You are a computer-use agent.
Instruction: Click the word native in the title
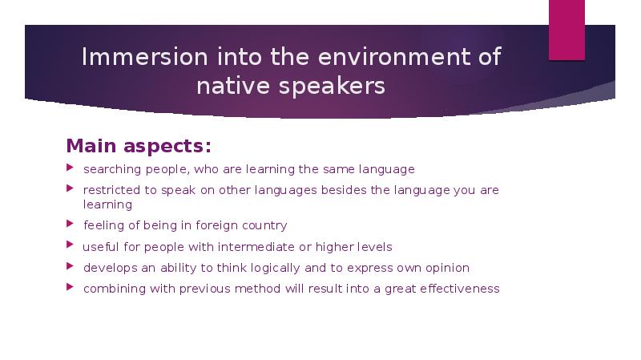(x=234, y=86)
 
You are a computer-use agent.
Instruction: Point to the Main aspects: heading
(x=139, y=146)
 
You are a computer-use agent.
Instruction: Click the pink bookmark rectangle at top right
(x=566, y=29)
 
